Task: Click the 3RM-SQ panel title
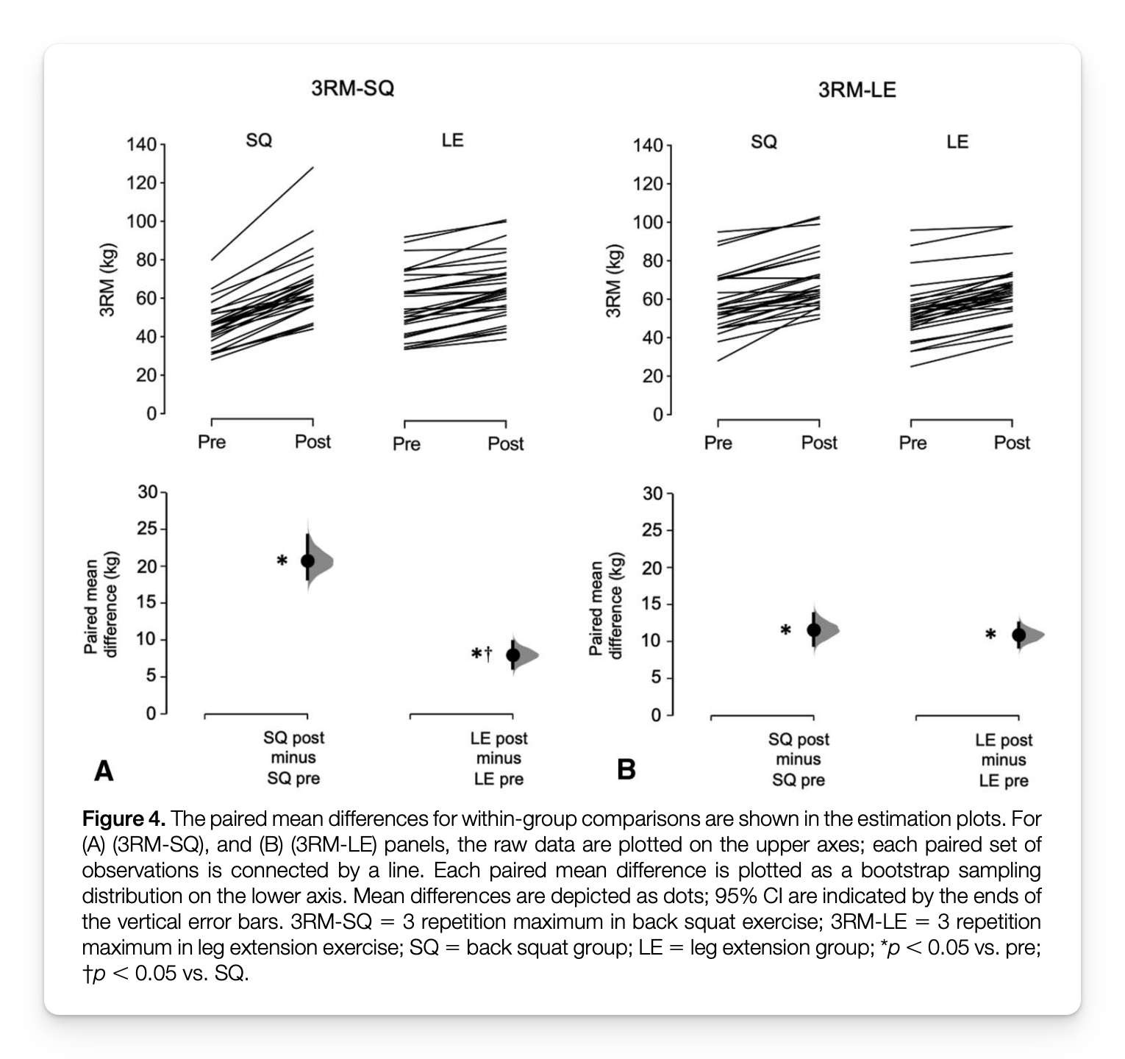pos(352,88)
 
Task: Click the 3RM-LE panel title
pos(857,90)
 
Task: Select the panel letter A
pos(104,771)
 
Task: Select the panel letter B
pos(626,769)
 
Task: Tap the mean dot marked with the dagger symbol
pos(513,655)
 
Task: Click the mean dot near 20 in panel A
pos(307,560)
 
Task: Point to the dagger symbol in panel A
pos(488,653)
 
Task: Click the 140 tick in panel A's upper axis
pos(141,145)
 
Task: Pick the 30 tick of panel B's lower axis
pos(652,493)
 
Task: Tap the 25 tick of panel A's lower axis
pos(147,529)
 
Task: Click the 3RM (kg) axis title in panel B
pos(613,279)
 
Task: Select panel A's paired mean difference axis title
pos(100,604)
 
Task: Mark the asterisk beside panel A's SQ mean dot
pos(282,561)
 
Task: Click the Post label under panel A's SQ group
pos(312,442)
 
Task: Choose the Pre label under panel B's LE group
pos(913,443)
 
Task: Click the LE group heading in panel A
pos(452,140)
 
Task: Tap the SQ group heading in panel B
pos(764,141)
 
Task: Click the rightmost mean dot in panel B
pos(1018,635)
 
